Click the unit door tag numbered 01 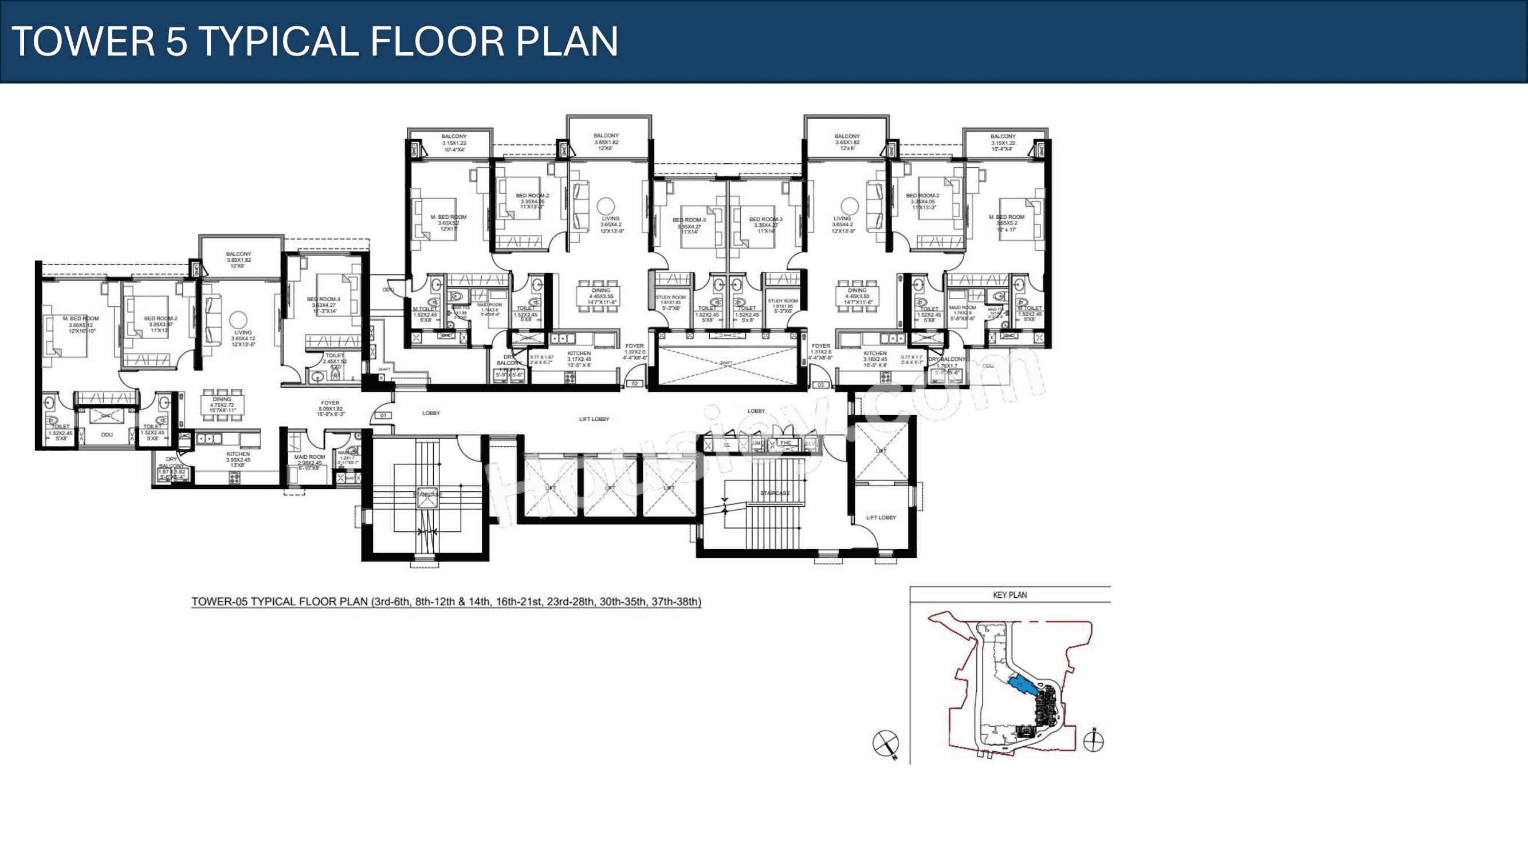click(383, 416)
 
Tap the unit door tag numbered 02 click(635, 384)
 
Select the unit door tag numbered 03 click(821, 385)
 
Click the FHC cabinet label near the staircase click(786, 443)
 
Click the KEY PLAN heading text click(1009, 595)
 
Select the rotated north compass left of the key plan click(886, 743)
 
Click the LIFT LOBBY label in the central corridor click(594, 419)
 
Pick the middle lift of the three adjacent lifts click(610, 487)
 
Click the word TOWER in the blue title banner click(83, 41)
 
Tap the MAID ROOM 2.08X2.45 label click(309, 460)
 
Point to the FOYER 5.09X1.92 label click(331, 408)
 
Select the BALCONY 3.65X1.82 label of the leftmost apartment click(238, 259)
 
